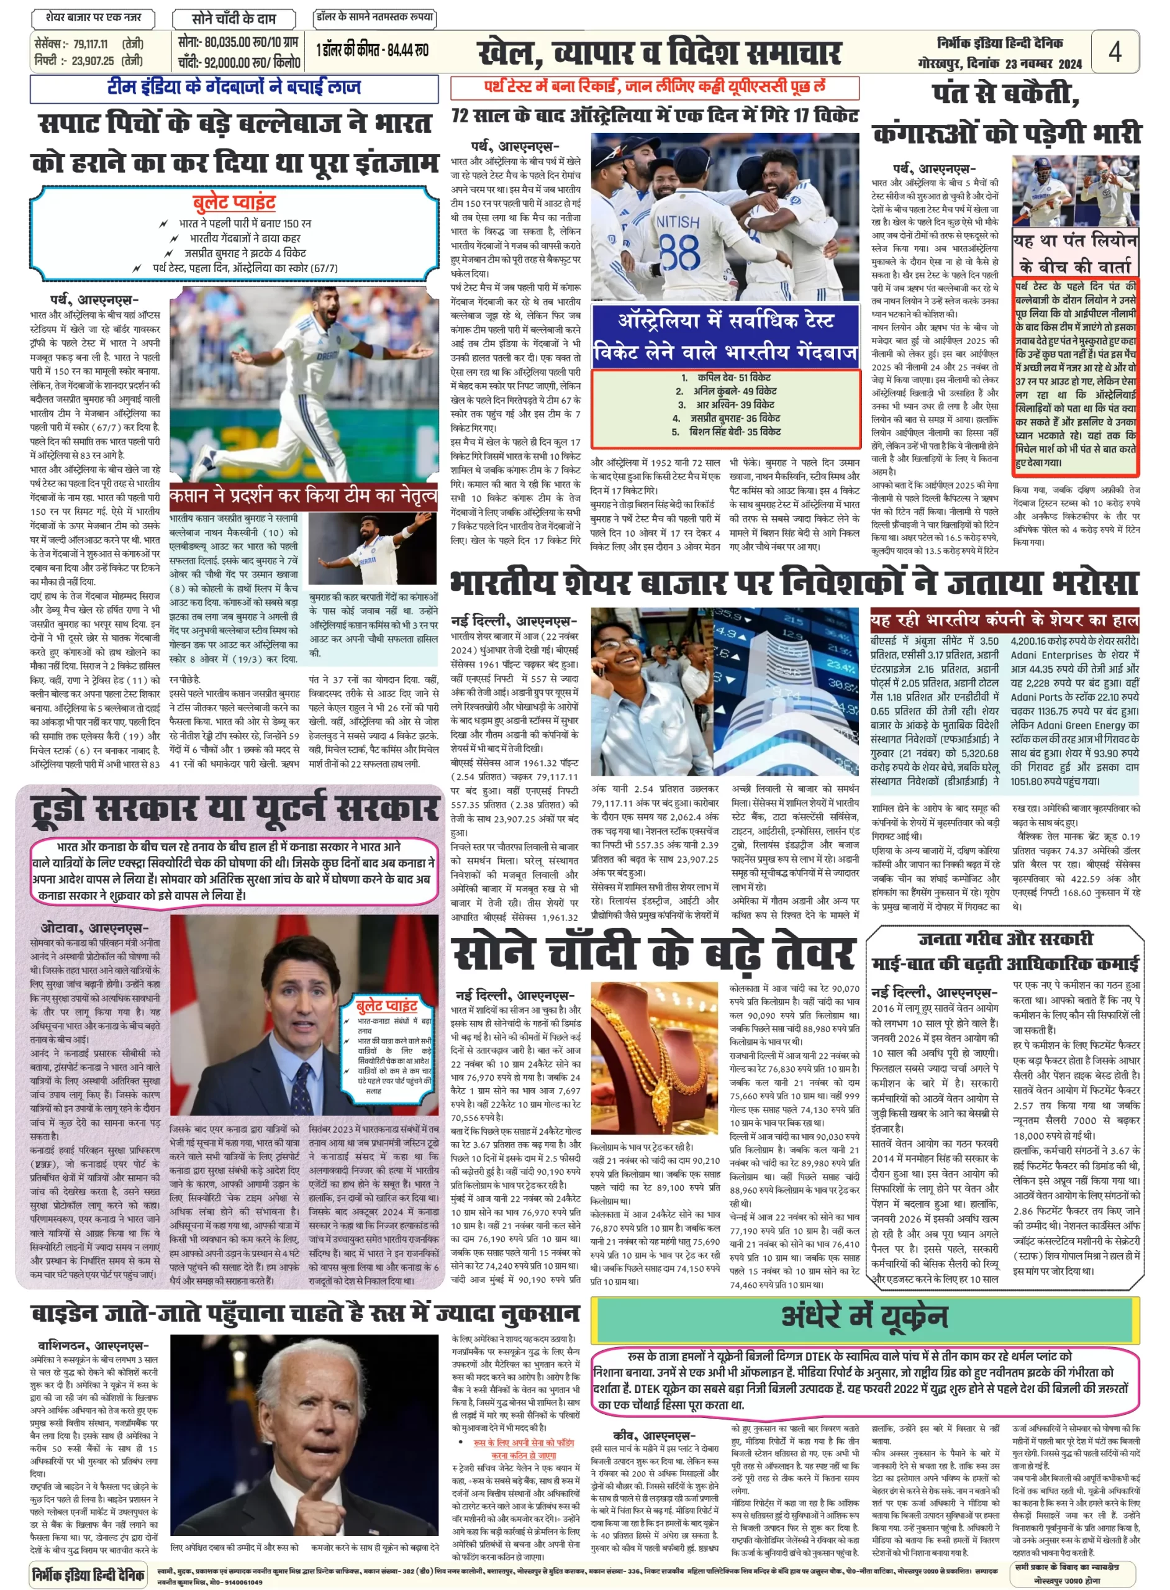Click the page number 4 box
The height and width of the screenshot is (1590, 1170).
(x=1114, y=52)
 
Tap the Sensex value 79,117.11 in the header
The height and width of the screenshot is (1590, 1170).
(x=90, y=45)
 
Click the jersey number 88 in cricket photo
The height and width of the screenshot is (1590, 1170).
(x=679, y=252)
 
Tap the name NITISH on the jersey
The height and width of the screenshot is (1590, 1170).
(x=677, y=222)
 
